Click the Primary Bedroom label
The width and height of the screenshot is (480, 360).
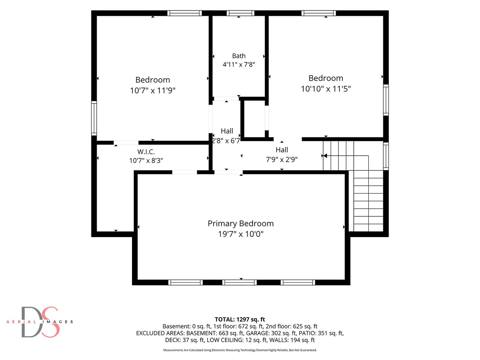[241, 223]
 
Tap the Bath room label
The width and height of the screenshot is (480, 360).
[239, 56]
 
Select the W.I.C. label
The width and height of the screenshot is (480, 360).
[146, 151]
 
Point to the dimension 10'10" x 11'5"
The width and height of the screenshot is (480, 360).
[326, 89]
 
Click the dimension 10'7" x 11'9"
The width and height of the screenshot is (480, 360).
[153, 90]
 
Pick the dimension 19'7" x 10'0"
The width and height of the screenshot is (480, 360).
[241, 234]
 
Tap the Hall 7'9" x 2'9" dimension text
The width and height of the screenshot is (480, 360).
[282, 160]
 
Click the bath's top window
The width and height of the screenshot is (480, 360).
[240, 13]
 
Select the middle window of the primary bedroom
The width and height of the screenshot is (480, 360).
[239, 282]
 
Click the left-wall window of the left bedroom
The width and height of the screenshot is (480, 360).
[94, 118]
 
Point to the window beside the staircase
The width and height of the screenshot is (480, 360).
[386, 156]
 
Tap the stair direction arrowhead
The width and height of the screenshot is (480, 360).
[325, 156]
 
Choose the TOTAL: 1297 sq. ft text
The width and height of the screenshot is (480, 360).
[240, 319]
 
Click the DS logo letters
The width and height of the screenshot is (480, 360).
[40, 322]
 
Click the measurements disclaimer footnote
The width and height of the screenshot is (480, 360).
[240, 350]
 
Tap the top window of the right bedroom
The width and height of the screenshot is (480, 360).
[319, 13]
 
